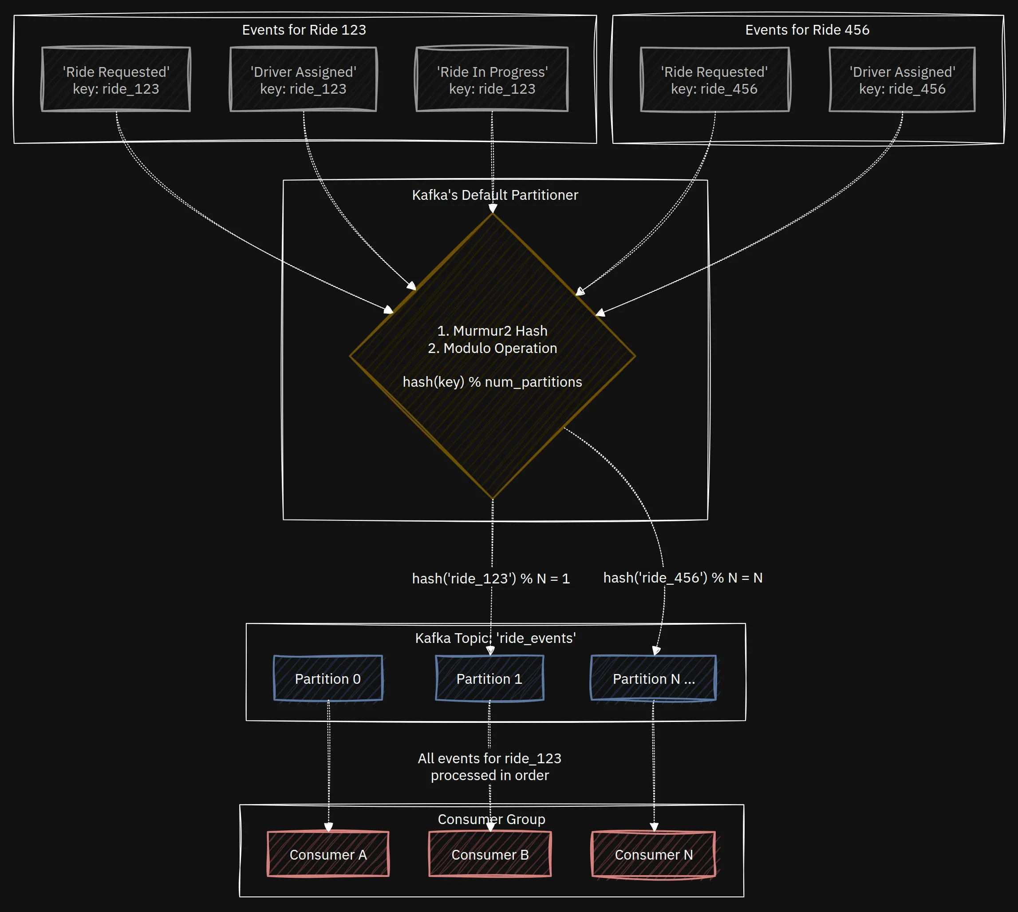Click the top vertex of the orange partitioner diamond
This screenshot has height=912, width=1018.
(493, 214)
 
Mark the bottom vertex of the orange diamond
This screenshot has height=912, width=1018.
(493, 499)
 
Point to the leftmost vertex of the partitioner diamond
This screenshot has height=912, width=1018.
(350, 356)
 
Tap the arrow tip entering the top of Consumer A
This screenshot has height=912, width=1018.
(328, 832)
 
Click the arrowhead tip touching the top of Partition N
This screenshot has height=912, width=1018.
(655, 655)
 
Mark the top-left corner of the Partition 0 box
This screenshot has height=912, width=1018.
(274, 656)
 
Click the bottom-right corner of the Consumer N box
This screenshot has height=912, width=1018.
(715, 876)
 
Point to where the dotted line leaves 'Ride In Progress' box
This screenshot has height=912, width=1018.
(492, 111)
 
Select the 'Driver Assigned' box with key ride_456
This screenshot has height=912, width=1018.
(902, 79)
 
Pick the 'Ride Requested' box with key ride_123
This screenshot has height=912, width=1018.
(116, 79)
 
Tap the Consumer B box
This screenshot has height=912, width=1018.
(490, 854)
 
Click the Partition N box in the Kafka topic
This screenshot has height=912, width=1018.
(654, 678)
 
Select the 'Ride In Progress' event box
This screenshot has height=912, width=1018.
(492, 79)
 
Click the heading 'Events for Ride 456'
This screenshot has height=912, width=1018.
(807, 30)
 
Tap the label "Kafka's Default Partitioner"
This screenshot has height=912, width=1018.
(495, 195)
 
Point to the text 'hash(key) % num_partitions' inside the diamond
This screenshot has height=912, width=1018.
(492, 382)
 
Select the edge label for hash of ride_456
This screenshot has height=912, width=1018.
(683, 578)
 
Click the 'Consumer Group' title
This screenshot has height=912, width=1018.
(492, 819)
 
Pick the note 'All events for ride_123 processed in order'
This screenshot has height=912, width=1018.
(490, 767)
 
